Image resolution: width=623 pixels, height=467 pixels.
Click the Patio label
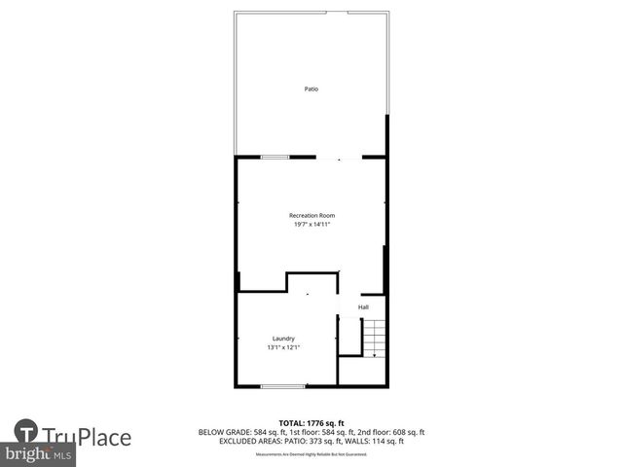click(x=311, y=89)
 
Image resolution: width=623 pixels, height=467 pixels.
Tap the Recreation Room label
click(x=311, y=215)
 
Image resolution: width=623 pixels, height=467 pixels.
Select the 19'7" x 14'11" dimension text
click(x=311, y=225)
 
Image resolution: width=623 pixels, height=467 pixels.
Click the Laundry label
click(x=283, y=339)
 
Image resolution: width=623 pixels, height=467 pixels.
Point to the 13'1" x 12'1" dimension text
click(x=283, y=347)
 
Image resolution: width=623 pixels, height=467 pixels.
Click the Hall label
click(x=363, y=307)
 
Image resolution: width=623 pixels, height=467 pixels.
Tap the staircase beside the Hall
click(x=375, y=337)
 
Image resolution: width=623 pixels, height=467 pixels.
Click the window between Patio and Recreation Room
click(x=275, y=157)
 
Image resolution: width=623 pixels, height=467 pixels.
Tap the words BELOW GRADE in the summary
click(x=221, y=431)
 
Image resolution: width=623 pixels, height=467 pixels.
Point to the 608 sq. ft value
click(x=406, y=431)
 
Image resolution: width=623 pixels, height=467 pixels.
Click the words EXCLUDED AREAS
click(x=242, y=441)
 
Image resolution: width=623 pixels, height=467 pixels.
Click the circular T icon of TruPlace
click(x=26, y=431)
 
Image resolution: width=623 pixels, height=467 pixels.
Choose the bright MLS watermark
click(x=39, y=455)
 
